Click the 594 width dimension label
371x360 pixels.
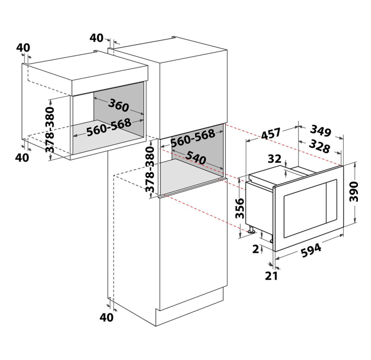click(x=311, y=250)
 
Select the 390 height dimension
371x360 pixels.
click(x=354, y=192)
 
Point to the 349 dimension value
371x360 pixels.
click(x=321, y=131)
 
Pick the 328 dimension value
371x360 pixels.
click(x=319, y=146)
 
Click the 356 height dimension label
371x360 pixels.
click(x=240, y=208)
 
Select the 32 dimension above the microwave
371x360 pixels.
click(x=275, y=159)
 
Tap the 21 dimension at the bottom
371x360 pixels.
click(x=271, y=276)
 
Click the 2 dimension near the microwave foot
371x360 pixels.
click(x=256, y=249)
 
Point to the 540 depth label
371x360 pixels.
click(x=196, y=158)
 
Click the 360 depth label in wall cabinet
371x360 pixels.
click(x=119, y=105)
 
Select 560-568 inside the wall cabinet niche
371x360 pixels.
click(x=108, y=127)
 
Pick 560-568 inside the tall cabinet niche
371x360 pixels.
click(x=193, y=138)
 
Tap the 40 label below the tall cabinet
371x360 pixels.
click(x=106, y=317)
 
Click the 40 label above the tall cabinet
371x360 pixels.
click(x=96, y=38)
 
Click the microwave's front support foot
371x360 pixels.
click(x=251, y=229)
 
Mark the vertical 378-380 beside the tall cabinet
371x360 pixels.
click(x=150, y=170)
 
